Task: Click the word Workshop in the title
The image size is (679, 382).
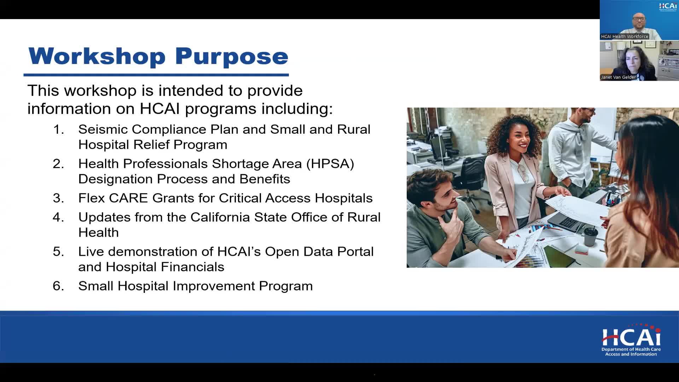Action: coord(97,56)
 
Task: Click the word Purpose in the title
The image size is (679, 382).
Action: coord(232,57)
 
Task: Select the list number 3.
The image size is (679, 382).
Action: coord(58,198)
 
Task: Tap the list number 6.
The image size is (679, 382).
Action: coord(58,286)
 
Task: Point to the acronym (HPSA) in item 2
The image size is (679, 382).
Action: coord(330,164)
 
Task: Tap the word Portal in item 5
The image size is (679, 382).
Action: coord(355,251)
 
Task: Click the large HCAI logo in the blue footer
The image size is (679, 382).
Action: coord(631,340)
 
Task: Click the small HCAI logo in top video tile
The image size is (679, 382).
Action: coord(668,6)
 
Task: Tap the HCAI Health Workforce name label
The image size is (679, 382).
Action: coord(625,36)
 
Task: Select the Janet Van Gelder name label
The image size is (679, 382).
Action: coord(619,77)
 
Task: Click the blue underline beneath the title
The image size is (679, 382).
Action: coord(156,75)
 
